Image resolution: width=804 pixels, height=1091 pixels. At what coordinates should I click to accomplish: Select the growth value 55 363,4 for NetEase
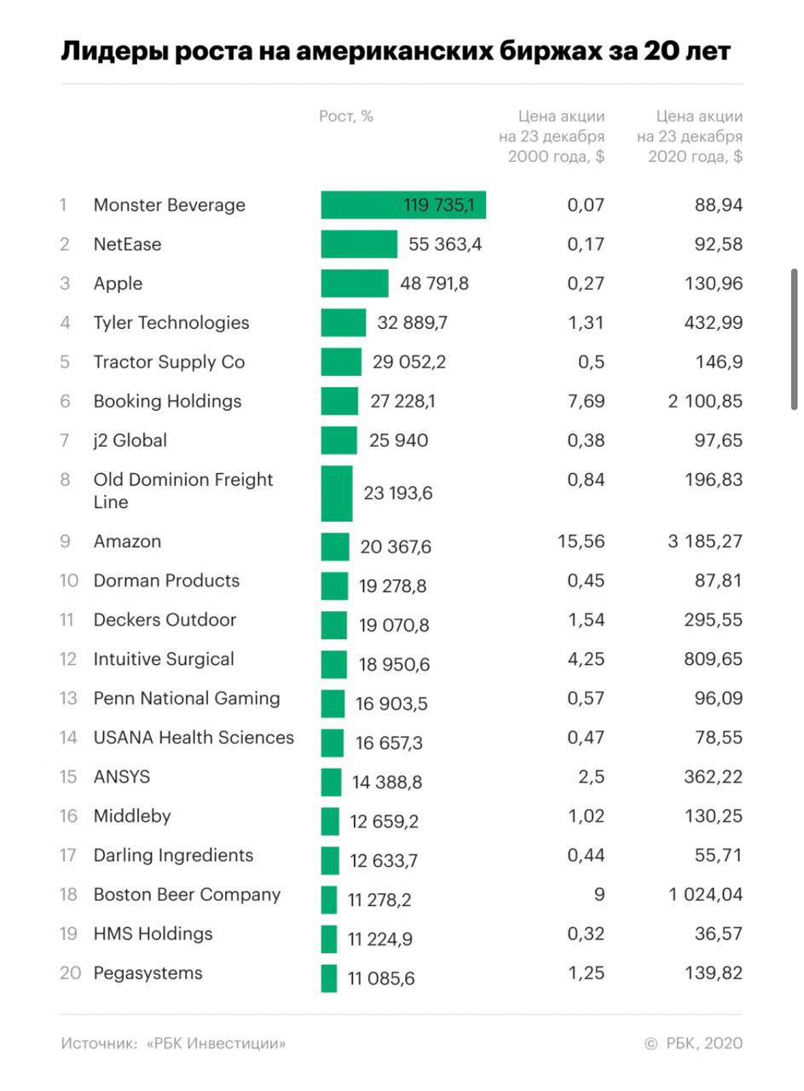click(x=445, y=245)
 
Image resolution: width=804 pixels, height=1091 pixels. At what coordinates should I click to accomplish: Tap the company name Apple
click(x=118, y=284)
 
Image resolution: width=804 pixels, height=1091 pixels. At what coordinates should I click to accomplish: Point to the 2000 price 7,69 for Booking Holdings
click(x=586, y=401)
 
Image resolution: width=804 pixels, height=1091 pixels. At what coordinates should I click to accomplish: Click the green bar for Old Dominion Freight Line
click(x=337, y=493)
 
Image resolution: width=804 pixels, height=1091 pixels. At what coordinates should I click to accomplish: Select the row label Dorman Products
click(x=166, y=581)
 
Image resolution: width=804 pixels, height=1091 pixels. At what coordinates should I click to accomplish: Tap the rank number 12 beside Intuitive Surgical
click(x=68, y=660)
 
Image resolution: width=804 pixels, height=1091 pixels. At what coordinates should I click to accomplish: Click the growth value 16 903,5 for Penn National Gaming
click(x=391, y=705)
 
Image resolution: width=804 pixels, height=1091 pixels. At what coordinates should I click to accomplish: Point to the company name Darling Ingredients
click(x=173, y=856)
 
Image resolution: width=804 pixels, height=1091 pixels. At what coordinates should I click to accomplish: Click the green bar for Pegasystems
click(x=329, y=978)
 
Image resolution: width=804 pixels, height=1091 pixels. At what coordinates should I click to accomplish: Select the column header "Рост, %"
click(x=346, y=117)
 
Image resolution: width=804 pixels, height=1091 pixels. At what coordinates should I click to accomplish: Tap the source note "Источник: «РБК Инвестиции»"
click(x=173, y=1043)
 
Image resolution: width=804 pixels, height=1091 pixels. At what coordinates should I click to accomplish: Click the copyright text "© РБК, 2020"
click(x=693, y=1043)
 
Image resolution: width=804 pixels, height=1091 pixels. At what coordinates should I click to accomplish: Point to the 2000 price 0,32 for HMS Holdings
click(x=586, y=934)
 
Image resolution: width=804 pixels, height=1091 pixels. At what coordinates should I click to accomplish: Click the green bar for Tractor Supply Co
click(x=341, y=362)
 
